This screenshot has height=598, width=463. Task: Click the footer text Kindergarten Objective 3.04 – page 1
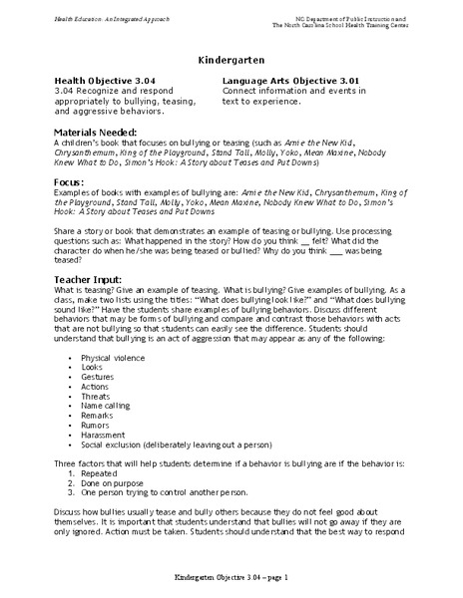[x=231, y=578]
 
